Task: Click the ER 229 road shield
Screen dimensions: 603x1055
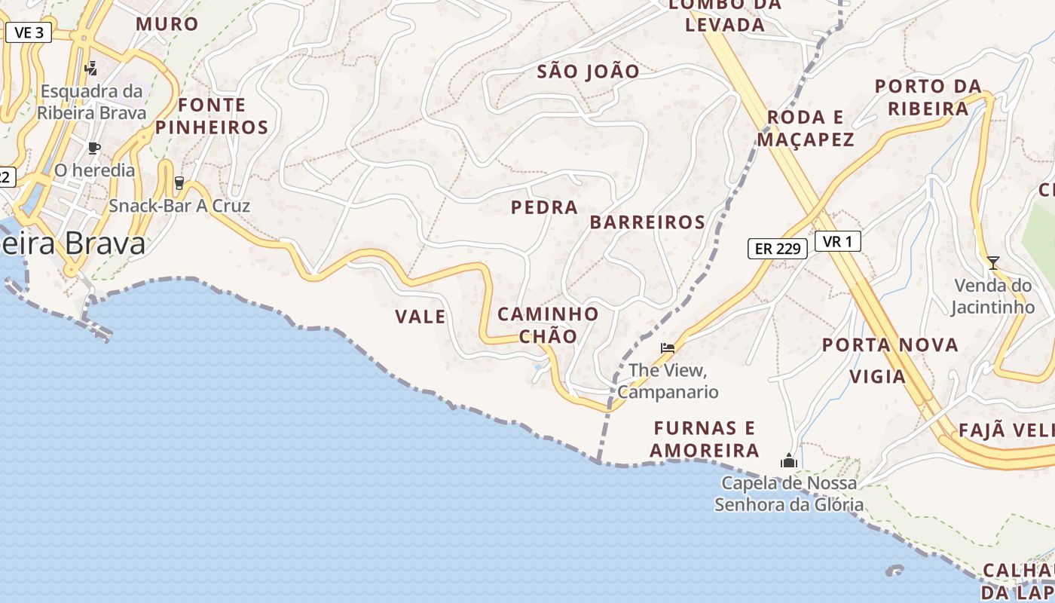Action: [x=777, y=248]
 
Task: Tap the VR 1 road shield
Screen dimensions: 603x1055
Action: [x=837, y=241]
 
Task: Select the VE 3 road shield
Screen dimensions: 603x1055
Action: [x=29, y=32]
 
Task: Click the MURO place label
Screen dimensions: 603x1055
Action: [x=167, y=24]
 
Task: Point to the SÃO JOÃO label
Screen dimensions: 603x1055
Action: [x=589, y=72]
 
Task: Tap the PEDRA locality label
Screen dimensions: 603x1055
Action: [x=544, y=207]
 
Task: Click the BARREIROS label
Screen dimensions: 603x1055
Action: [x=647, y=222]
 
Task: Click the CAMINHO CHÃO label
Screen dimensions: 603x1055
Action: [x=549, y=325]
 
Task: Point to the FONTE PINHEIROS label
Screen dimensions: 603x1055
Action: [x=212, y=116]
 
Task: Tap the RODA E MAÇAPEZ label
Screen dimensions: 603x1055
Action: [x=806, y=128]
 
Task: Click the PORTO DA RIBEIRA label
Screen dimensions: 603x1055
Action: [x=928, y=97]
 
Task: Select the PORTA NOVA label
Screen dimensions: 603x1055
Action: [x=890, y=345]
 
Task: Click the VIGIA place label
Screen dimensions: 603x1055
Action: [x=877, y=376]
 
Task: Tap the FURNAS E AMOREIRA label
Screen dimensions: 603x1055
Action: [x=705, y=439]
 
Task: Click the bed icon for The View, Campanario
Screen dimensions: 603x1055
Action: [x=668, y=347]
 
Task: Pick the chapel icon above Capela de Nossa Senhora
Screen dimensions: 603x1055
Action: [x=789, y=460]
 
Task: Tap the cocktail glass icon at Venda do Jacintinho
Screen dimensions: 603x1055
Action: [x=993, y=262]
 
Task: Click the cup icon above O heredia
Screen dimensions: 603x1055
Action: [x=94, y=148]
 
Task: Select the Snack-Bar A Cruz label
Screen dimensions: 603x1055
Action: [x=179, y=206]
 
